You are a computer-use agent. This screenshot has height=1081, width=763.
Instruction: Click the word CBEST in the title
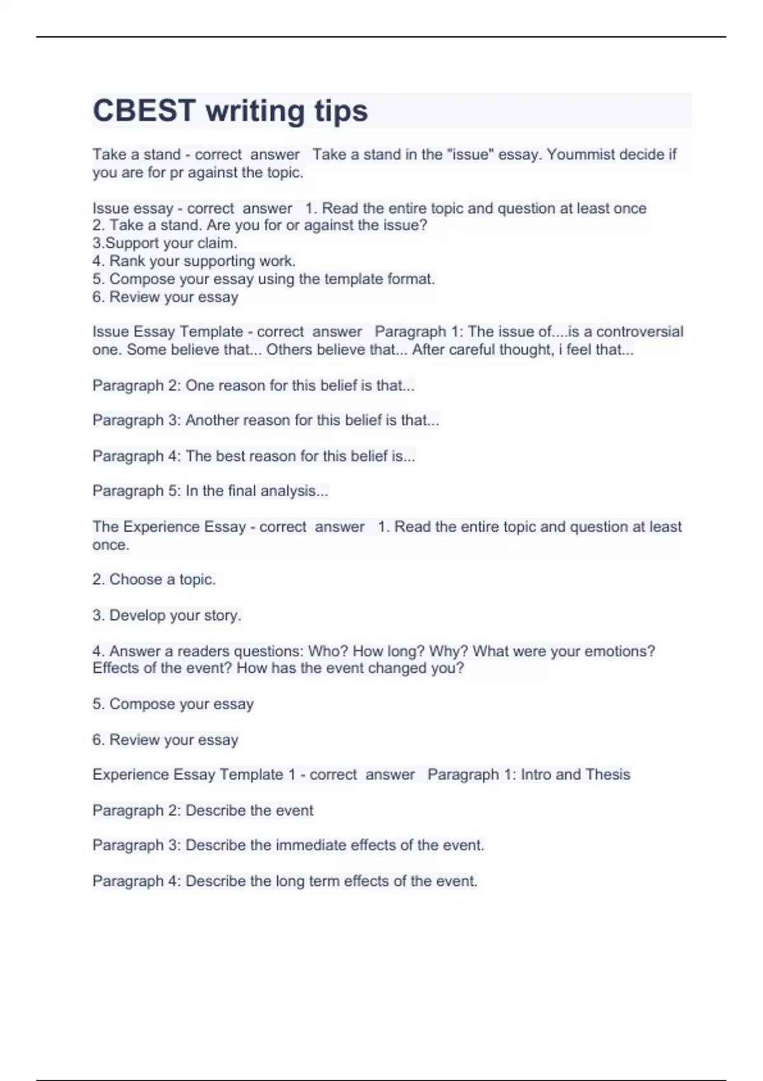point(144,111)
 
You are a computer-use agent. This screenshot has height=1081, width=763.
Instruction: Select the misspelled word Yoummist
point(580,155)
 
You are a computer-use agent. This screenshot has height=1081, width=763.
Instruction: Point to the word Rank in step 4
point(127,261)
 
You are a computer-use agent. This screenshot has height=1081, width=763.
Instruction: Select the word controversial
point(640,332)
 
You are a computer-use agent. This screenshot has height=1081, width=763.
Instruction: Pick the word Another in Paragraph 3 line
point(212,420)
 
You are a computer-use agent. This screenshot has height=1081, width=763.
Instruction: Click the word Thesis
point(608,775)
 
